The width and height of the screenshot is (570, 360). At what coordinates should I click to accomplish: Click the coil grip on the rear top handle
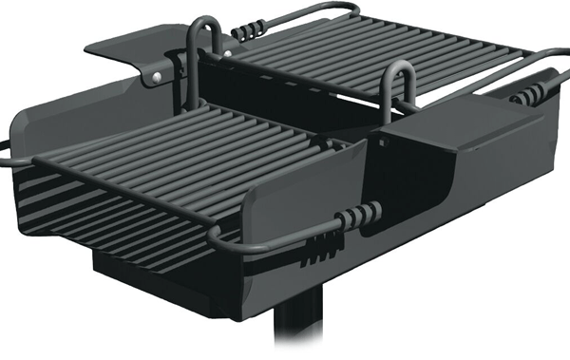[x=248, y=29]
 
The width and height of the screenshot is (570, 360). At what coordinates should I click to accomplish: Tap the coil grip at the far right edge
[x=531, y=93]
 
